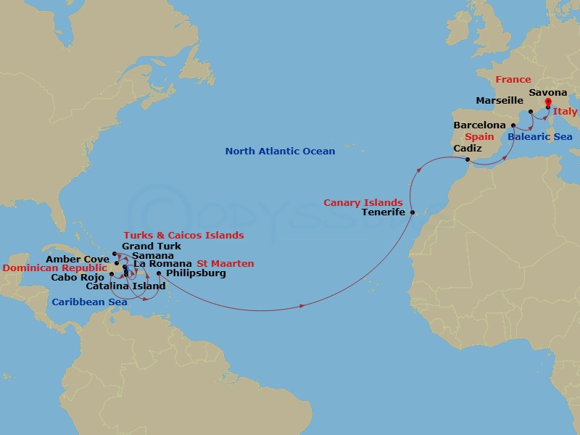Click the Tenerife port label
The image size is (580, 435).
point(383,212)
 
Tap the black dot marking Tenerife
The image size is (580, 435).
point(413,212)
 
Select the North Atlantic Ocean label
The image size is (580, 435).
point(280,152)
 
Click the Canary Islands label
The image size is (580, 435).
point(362,203)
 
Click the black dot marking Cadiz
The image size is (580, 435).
point(468,159)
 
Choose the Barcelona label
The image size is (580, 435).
point(479,125)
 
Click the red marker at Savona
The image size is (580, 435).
point(547,102)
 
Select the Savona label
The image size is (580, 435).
point(548,93)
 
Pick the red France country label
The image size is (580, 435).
point(513,80)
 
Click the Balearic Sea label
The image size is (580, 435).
point(539,137)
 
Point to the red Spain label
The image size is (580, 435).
point(479,137)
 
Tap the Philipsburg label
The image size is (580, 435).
point(195,273)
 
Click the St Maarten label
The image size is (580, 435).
point(225,264)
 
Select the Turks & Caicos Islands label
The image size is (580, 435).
point(183,236)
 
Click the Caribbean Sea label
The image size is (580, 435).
point(88,302)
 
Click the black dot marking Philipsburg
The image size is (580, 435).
point(158,273)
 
